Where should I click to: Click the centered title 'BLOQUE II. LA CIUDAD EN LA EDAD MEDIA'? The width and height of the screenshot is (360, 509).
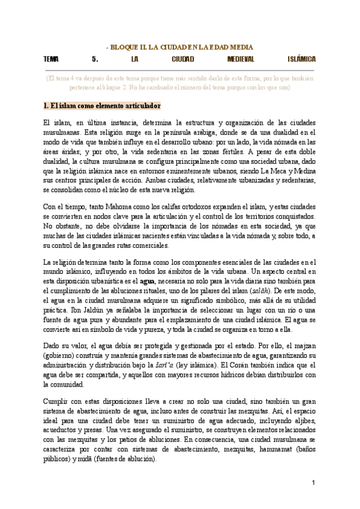coord(180,46)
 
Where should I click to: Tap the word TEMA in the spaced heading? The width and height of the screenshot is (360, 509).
coord(51,59)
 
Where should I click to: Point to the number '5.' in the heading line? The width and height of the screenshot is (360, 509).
coord(95,59)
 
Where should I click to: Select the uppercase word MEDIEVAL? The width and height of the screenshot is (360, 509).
coord(241,59)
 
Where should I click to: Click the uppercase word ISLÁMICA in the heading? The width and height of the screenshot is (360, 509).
coord(302,59)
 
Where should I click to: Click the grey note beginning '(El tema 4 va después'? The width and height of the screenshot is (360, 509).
coord(179,82)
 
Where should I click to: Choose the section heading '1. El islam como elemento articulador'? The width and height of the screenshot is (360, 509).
coord(103,106)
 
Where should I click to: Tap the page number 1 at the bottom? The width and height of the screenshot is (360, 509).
coord(313,483)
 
